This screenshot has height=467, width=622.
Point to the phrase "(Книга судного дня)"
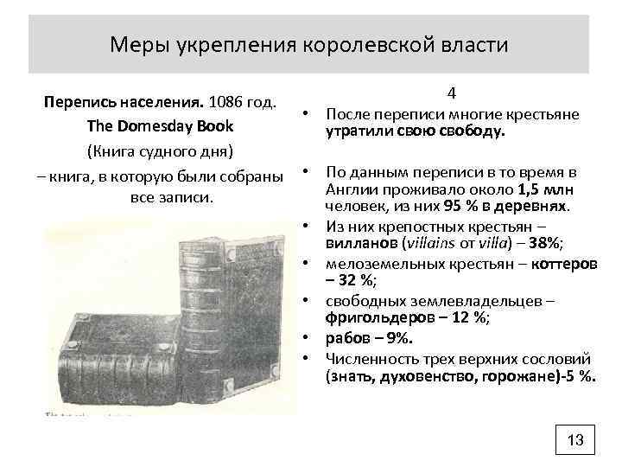160,152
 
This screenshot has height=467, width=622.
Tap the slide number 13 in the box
575,440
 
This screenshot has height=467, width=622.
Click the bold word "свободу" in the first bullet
474,132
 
